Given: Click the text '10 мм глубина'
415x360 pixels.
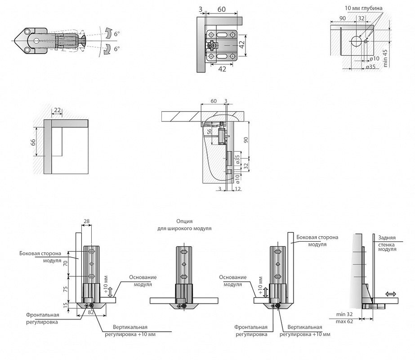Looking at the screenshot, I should (364, 9).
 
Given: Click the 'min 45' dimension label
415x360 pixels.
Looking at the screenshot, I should (385, 58).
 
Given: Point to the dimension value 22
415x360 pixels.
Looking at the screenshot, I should (57, 110).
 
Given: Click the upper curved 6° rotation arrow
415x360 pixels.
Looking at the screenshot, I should (108, 33).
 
